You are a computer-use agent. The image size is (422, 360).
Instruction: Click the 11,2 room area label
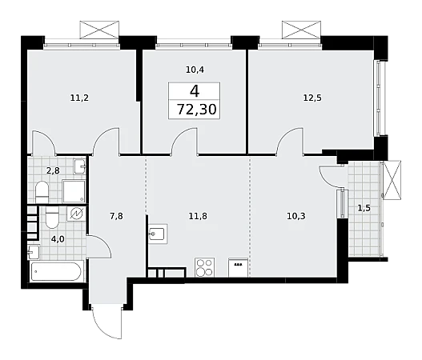[79, 98]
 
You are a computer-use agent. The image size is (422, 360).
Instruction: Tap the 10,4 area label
[195, 70]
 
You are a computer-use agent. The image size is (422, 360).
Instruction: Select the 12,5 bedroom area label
[312, 98]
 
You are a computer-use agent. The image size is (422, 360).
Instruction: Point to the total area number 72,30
[196, 110]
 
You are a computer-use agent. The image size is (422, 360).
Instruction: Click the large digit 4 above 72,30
[195, 91]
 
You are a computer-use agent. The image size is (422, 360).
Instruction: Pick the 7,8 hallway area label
[116, 216]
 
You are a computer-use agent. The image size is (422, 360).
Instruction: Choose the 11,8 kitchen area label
[198, 216]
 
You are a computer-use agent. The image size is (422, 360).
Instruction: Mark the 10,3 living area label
[296, 216]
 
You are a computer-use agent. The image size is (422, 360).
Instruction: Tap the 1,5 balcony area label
[364, 208]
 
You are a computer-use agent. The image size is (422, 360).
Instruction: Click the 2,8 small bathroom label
[53, 170]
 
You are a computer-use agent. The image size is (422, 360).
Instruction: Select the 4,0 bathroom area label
[58, 238]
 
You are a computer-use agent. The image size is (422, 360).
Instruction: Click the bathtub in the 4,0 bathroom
[56, 271]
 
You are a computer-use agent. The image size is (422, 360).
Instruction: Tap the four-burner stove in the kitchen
[205, 267]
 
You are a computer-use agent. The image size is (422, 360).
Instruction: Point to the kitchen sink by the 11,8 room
[157, 234]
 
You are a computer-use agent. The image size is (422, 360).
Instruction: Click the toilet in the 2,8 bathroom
[42, 192]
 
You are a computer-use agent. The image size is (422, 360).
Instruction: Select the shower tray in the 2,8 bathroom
[74, 191]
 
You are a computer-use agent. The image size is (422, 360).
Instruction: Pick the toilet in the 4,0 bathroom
[53, 218]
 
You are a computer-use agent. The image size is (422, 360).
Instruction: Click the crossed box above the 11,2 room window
[99, 30]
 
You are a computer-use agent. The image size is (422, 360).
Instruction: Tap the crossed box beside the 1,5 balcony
[392, 180]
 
